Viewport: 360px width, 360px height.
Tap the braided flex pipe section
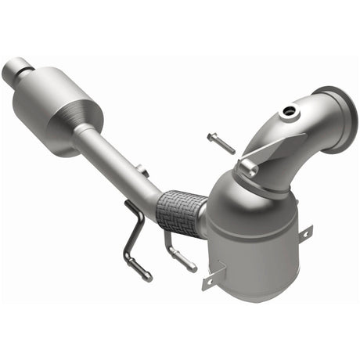[x=180, y=209]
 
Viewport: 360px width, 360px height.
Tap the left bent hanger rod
[x=135, y=243]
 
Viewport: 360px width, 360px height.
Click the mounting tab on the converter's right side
[x=304, y=233]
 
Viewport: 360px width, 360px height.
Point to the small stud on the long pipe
[x=142, y=169]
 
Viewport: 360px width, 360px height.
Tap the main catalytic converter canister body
[x=258, y=235]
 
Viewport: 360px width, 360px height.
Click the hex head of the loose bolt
[x=211, y=139]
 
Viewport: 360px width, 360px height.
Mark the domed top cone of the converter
[x=235, y=192]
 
